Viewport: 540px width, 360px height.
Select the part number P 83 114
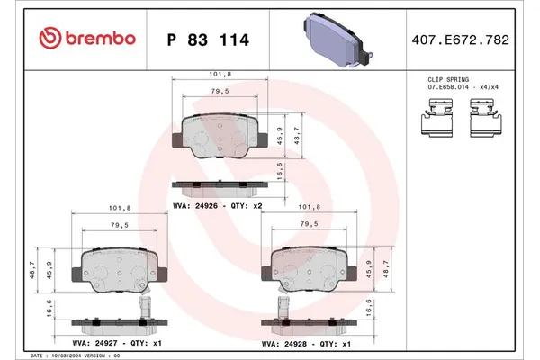tap(208, 40)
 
